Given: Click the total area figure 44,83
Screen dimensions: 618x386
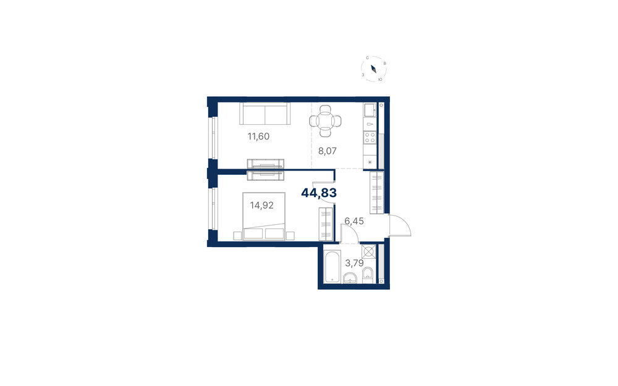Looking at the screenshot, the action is [x=319, y=193].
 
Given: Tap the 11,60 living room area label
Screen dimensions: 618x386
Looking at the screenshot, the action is [x=258, y=136].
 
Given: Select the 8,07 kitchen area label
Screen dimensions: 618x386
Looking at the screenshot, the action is [x=328, y=151].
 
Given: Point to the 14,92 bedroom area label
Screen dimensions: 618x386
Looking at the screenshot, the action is [x=261, y=205].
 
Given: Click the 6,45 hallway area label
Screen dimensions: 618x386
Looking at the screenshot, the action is [x=354, y=221].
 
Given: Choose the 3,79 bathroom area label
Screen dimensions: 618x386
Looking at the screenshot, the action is [x=354, y=262].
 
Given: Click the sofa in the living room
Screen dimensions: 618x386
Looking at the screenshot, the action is [x=265, y=114].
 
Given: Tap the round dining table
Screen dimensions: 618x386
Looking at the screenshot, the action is [x=325, y=120].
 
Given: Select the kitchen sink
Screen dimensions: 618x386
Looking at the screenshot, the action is [x=370, y=111].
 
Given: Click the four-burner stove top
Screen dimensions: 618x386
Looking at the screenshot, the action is [x=370, y=137].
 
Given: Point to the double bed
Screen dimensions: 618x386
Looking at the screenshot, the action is [x=264, y=216].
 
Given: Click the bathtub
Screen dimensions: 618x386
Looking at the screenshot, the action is [x=332, y=266].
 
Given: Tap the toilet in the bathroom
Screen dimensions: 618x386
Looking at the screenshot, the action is [x=367, y=275].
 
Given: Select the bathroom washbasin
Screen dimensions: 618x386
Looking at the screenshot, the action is [x=350, y=278].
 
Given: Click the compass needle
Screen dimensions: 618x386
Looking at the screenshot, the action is [x=374, y=69].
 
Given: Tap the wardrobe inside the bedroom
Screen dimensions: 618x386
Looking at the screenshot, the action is [x=326, y=224].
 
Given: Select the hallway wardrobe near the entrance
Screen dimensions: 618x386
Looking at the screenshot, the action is [x=377, y=193].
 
